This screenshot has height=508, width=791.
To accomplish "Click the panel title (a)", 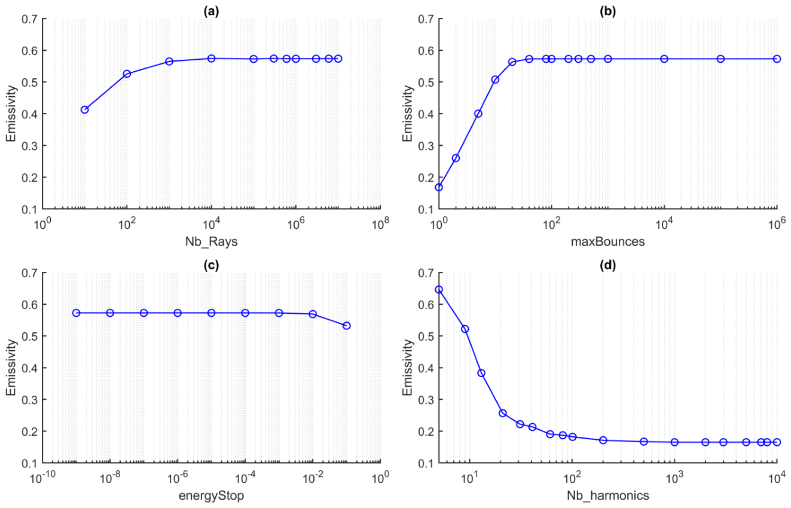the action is (212, 11).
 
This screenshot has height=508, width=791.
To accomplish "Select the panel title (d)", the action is (607, 265).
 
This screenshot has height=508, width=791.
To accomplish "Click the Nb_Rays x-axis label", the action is (212, 242).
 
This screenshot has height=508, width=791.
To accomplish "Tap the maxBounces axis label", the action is (607, 241).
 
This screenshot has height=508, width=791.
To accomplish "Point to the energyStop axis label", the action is (211, 496).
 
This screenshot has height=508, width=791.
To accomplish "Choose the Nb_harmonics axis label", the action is (608, 496).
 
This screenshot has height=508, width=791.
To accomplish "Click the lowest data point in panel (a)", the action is (84, 110).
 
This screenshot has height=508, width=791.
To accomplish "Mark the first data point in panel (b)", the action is (439, 188).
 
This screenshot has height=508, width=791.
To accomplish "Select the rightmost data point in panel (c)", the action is (346, 326).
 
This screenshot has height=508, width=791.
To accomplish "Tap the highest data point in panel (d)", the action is (439, 290).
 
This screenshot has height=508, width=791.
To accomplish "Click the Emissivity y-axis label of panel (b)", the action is (408, 114).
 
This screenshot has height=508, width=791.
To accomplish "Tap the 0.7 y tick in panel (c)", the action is (30, 273).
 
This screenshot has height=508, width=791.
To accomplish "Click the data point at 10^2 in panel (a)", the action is (127, 74).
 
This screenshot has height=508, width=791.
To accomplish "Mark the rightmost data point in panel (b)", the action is (777, 59).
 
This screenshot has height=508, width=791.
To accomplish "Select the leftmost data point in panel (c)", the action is (77, 313).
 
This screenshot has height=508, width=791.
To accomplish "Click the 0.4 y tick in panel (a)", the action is (30, 114).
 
